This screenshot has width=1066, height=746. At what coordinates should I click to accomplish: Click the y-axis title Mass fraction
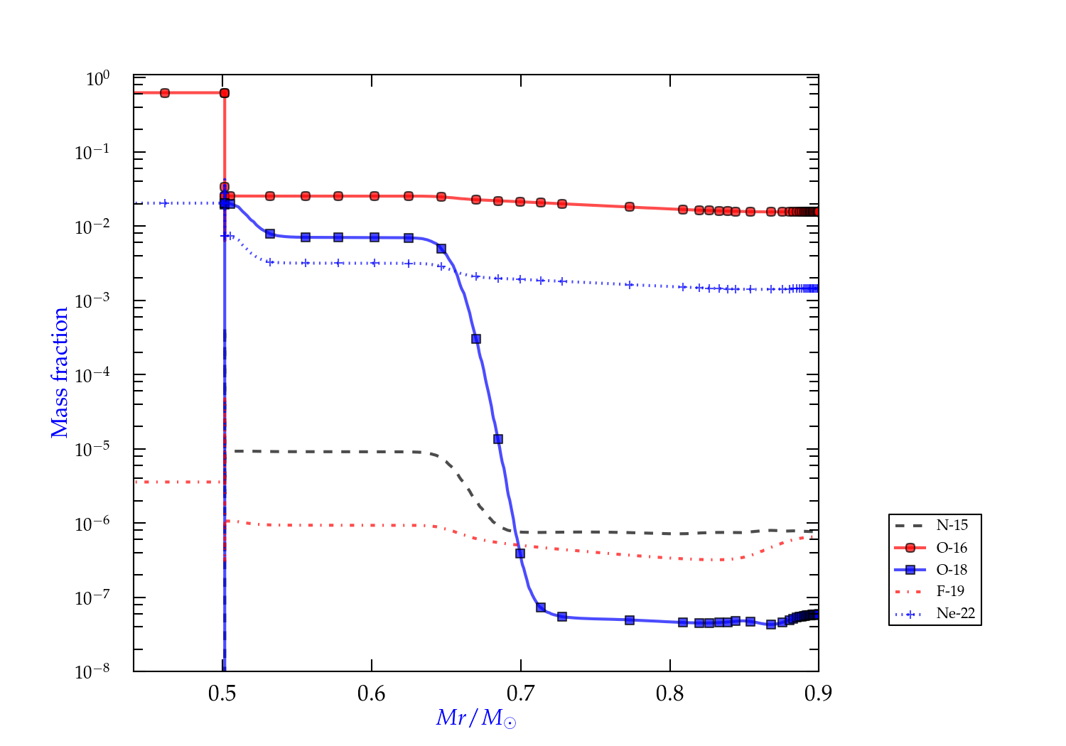pos(60,372)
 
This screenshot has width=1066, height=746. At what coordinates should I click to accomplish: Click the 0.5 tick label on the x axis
pos(222,693)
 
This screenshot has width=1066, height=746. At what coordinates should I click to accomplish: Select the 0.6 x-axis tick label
pos(372,693)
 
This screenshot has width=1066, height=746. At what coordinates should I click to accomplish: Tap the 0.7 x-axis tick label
pos(521,693)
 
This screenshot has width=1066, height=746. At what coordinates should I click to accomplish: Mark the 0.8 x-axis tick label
pos(670,693)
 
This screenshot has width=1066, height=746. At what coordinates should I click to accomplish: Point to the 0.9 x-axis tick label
pos(819,693)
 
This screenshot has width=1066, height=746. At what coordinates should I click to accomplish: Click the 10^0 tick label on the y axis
pos(97,78)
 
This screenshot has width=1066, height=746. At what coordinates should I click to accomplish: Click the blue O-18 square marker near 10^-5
pos(498,439)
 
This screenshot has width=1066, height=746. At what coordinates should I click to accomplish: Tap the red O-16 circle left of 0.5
pos(165,93)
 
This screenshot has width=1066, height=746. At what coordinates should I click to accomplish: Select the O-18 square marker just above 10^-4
pos(476,339)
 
